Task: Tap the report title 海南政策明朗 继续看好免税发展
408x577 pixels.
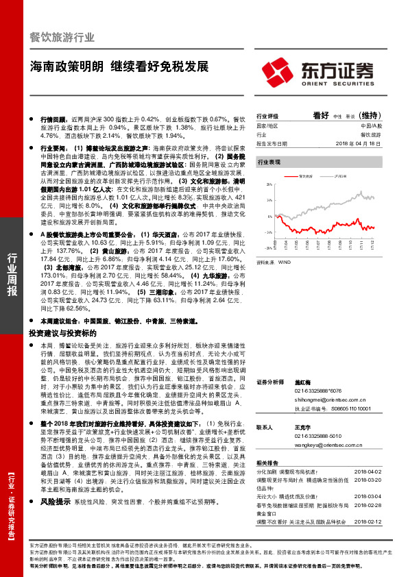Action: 119,69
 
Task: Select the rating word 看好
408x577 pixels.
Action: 320,116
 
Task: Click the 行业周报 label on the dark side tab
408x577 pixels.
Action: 12,274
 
